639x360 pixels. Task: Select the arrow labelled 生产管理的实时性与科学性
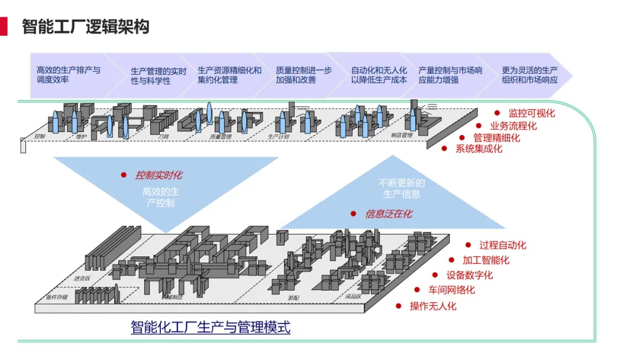pyautogui.click(x=158, y=76)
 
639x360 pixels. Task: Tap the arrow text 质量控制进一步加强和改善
pyautogui.click(x=304, y=75)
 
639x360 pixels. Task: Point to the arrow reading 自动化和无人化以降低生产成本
pyautogui.click(x=379, y=75)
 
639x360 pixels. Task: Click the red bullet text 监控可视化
pyautogui.click(x=531, y=113)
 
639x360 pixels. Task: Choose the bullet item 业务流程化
pyautogui.click(x=513, y=126)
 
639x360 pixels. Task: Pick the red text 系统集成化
pyautogui.click(x=479, y=149)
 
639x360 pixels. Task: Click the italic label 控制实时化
pyautogui.click(x=159, y=175)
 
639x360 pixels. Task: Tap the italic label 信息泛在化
pyautogui.click(x=389, y=214)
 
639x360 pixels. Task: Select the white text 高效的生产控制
pyautogui.click(x=160, y=198)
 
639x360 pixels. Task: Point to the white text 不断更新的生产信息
pyautogui.click(x=402, y=188)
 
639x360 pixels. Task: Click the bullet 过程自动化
pyautogui.click(x=502, y=245)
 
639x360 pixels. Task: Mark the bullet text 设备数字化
pyautogui.click(x=469, y=275)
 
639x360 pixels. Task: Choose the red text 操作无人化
pyautogui.click(x=433, y=306)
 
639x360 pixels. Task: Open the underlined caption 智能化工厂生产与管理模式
pyautogui.click(x=211, y=327)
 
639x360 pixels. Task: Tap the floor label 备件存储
pyautogui.click(x=57, y=297)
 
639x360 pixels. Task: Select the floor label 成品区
pyautogui.click(x=353, y=297)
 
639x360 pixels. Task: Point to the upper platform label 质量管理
pyautogui.click(x=220, y=136)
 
